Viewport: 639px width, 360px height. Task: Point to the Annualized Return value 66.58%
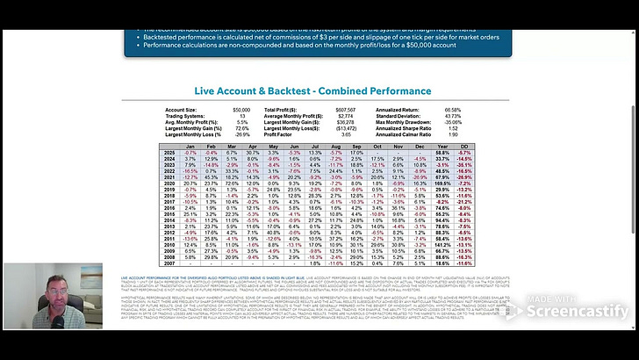tap(452, 109)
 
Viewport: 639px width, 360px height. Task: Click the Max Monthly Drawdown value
tap(452, 121)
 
